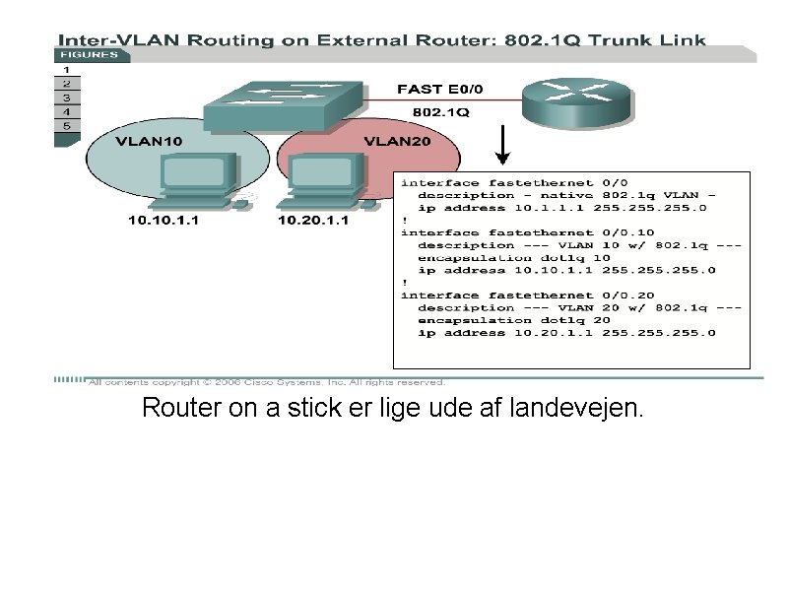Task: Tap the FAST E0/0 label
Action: point(440,90)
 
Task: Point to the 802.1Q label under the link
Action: point(440,113)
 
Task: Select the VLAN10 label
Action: point(149,142)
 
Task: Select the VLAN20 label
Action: point(398,142)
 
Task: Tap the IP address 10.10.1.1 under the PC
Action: point(164,221)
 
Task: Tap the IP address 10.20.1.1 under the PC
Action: point(313,221)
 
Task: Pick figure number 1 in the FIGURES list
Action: point(66,71)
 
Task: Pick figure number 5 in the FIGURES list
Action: point(66,126)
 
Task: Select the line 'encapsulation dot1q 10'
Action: point(514,257)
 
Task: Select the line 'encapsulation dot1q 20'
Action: point(514,319)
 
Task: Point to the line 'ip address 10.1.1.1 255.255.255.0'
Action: point(566,208)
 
